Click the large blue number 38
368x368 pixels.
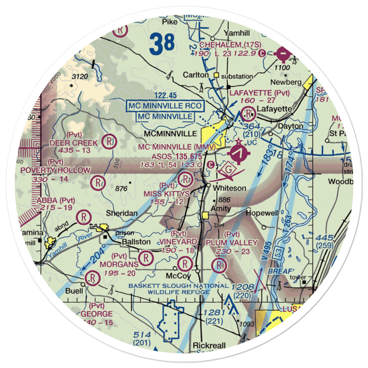tap(162, 43)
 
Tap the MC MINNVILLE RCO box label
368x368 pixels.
tap(165, 106)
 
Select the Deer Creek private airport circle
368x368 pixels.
tap(109, 141)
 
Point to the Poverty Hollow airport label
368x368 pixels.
tap(56, 170)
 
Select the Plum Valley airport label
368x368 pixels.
tap(231, 243)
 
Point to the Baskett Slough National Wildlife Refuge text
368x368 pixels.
tap(178, 289)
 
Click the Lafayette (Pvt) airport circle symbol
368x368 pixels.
tap(250, 113)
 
